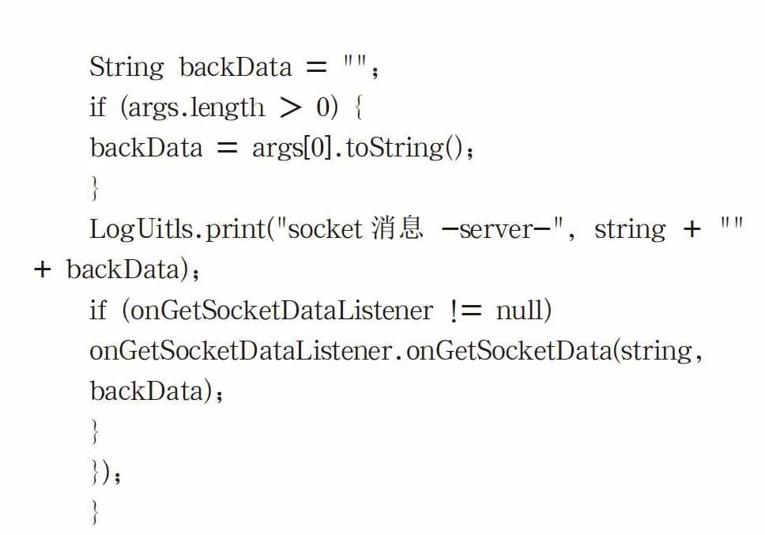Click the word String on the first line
coord(127,67)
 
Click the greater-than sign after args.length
coord(291,107)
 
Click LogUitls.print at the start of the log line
coord(177,229)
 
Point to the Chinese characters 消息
coord(397,228)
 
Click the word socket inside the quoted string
coord(326,228)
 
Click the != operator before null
coord(465,311)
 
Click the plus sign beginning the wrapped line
coord(43,269)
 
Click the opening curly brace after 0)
coord(359,107)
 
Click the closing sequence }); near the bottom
coord(106,472)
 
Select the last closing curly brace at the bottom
coord(95,512)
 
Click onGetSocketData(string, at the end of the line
coord(554,351)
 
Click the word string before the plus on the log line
coord(630,229)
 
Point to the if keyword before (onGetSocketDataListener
coord(98,310)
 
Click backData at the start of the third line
coord(146,148)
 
